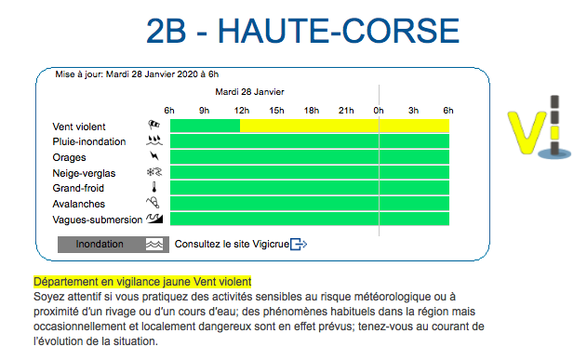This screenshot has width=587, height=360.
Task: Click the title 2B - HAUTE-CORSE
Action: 303,31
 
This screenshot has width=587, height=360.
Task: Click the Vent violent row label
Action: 79,127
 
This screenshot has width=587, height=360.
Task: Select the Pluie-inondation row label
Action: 88,141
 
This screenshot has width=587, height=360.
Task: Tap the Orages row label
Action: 70,157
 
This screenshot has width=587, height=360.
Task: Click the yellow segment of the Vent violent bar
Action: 344,126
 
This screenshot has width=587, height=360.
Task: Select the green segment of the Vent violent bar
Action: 205,126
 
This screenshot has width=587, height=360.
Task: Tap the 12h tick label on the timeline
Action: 241,111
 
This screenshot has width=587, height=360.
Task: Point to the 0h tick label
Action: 379,111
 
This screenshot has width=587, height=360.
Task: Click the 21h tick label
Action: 345,111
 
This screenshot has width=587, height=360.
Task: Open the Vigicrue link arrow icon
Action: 299,245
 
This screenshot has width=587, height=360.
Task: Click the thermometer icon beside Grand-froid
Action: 153,188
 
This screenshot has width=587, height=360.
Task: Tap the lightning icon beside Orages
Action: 153,157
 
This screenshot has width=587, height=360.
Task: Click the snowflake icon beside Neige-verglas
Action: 153,172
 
